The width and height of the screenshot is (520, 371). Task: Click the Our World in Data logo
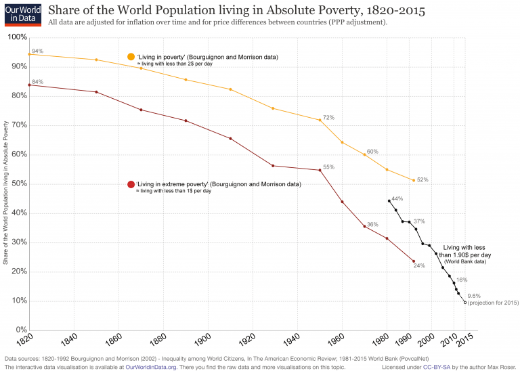22,14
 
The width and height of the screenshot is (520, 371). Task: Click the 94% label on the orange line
37,51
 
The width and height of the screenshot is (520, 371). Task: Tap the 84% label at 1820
37,82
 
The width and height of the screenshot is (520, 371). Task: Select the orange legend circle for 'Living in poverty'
131,56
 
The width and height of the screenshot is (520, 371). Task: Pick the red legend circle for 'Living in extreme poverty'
131,184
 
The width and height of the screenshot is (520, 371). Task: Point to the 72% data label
328,117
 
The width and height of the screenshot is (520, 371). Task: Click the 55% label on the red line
328,167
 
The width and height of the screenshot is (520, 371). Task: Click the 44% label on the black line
397,198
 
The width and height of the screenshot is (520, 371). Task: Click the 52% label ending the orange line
422,179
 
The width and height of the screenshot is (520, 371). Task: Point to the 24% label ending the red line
419,265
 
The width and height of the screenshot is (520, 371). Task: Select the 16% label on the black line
462,280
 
